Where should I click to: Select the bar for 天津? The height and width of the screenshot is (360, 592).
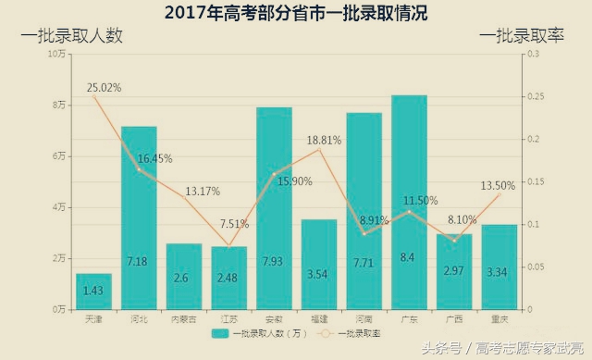click(x=93, y=291)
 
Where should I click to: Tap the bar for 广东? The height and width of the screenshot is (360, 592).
click(x=409, y=203)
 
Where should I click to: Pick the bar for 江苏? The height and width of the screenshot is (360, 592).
click(x=228, y=278)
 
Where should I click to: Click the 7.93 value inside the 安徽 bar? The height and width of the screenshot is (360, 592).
click(x=274, y=262)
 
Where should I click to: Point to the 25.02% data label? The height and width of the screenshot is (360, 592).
click(x=105, y=88)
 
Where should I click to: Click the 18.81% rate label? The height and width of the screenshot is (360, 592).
click(x=324, y=140)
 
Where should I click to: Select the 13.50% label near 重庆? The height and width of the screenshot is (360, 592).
click(x=497, y=186)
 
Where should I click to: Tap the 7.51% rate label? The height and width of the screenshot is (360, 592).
click(x=234, y=223)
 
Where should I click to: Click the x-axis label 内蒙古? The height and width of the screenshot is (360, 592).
click(x=183, y=319)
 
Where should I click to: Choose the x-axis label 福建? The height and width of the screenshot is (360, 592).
click(x=318, y=319)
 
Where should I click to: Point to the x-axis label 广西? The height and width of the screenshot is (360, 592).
click(x=454, y=319)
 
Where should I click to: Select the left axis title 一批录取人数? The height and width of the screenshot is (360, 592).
click(x=72, y=35)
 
